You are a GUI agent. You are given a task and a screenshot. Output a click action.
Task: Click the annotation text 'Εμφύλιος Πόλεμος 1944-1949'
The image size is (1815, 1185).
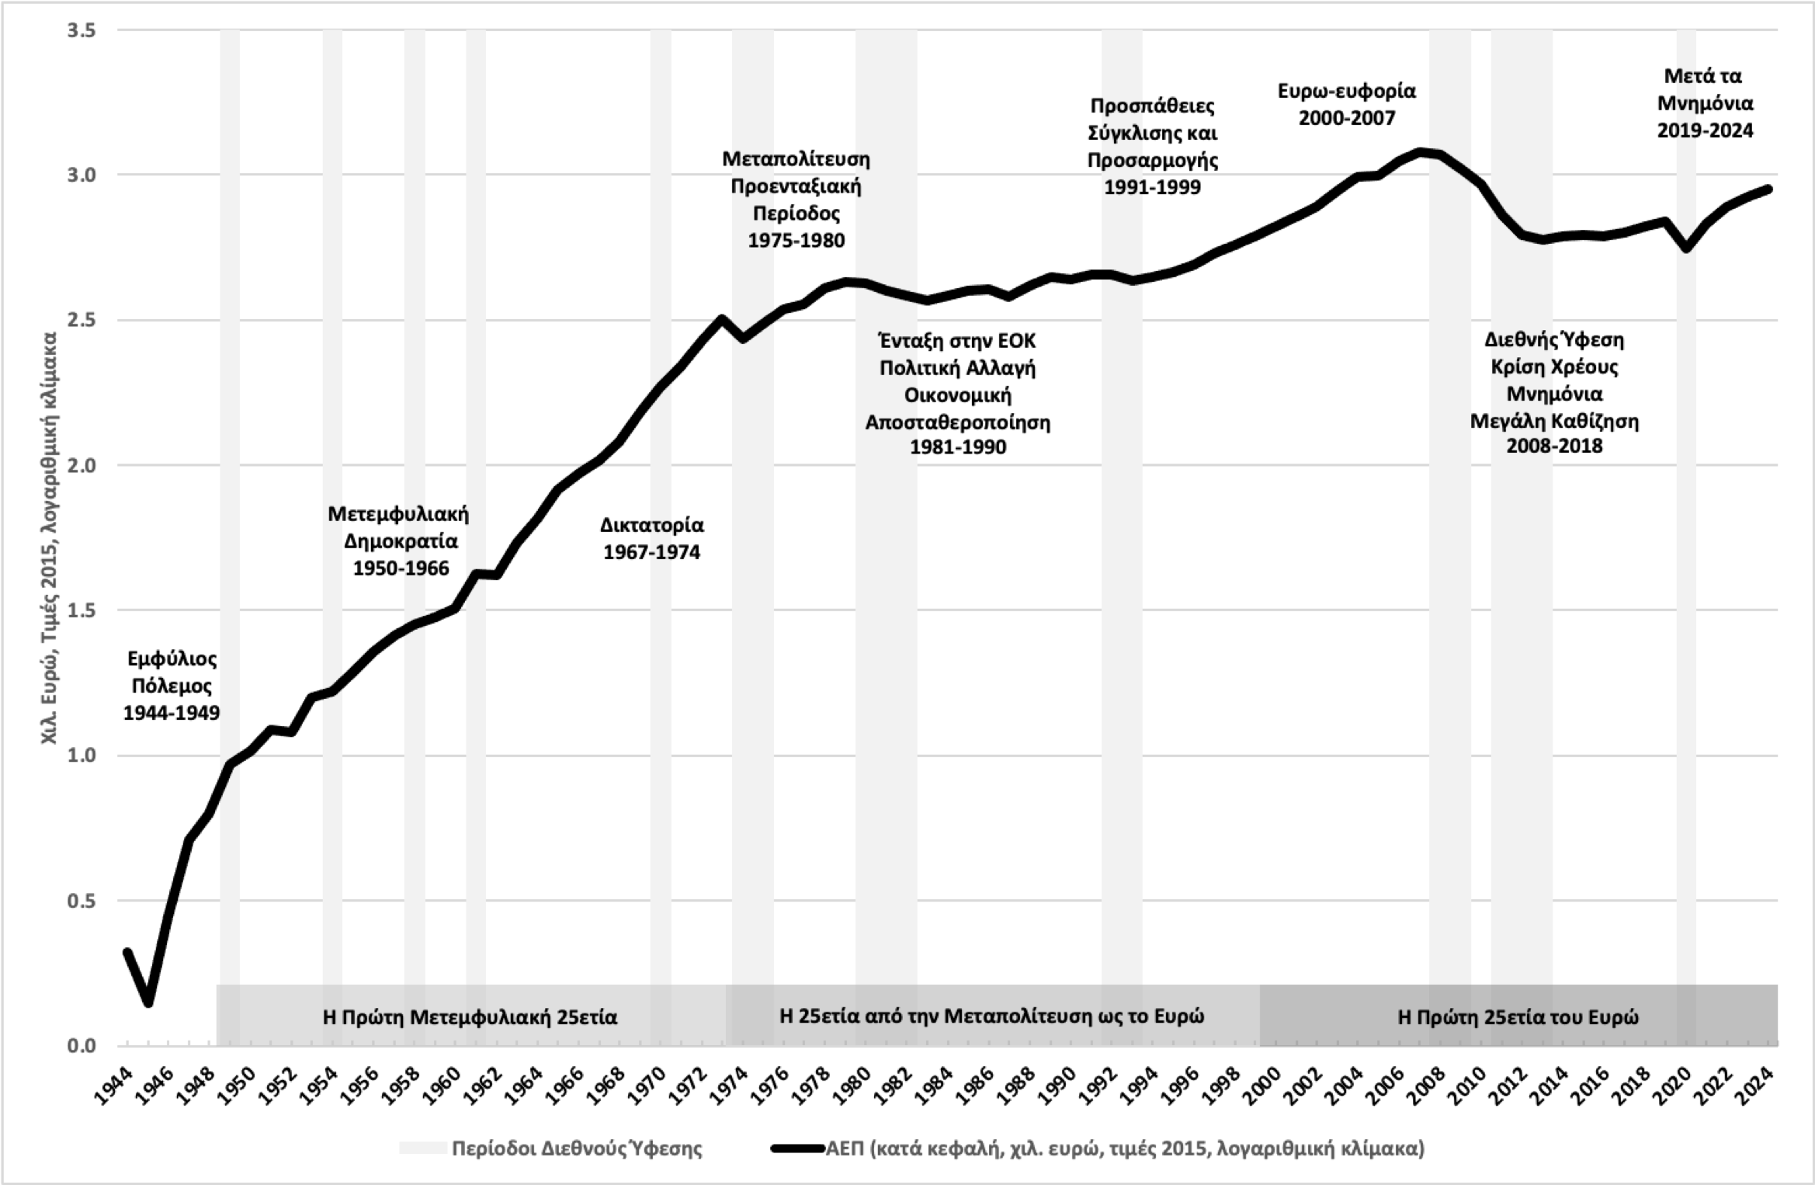172,686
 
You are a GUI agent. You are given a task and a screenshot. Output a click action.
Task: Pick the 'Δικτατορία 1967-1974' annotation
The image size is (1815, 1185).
652,538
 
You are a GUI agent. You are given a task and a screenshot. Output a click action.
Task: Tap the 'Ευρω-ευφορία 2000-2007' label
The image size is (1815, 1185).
1347,104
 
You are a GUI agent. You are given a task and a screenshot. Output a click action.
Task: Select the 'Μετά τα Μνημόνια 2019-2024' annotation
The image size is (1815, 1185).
1705,103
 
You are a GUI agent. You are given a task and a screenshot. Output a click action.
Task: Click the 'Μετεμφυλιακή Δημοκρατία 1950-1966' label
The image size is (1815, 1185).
399,540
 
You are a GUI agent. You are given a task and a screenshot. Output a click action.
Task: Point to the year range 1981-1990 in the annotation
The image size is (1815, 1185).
958,448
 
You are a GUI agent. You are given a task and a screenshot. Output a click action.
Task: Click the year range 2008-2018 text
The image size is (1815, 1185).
1554,447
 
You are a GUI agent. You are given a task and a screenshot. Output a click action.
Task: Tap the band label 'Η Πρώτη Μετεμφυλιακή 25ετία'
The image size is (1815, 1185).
470,1016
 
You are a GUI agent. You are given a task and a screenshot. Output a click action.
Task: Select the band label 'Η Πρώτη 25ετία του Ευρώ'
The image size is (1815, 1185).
1518,1016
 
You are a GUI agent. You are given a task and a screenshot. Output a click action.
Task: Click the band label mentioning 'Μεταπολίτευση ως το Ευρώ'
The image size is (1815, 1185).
991,1016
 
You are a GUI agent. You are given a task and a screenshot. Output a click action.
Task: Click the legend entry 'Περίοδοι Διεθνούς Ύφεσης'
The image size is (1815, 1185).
577,1148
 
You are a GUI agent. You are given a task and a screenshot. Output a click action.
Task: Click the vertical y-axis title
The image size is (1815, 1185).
50,538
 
